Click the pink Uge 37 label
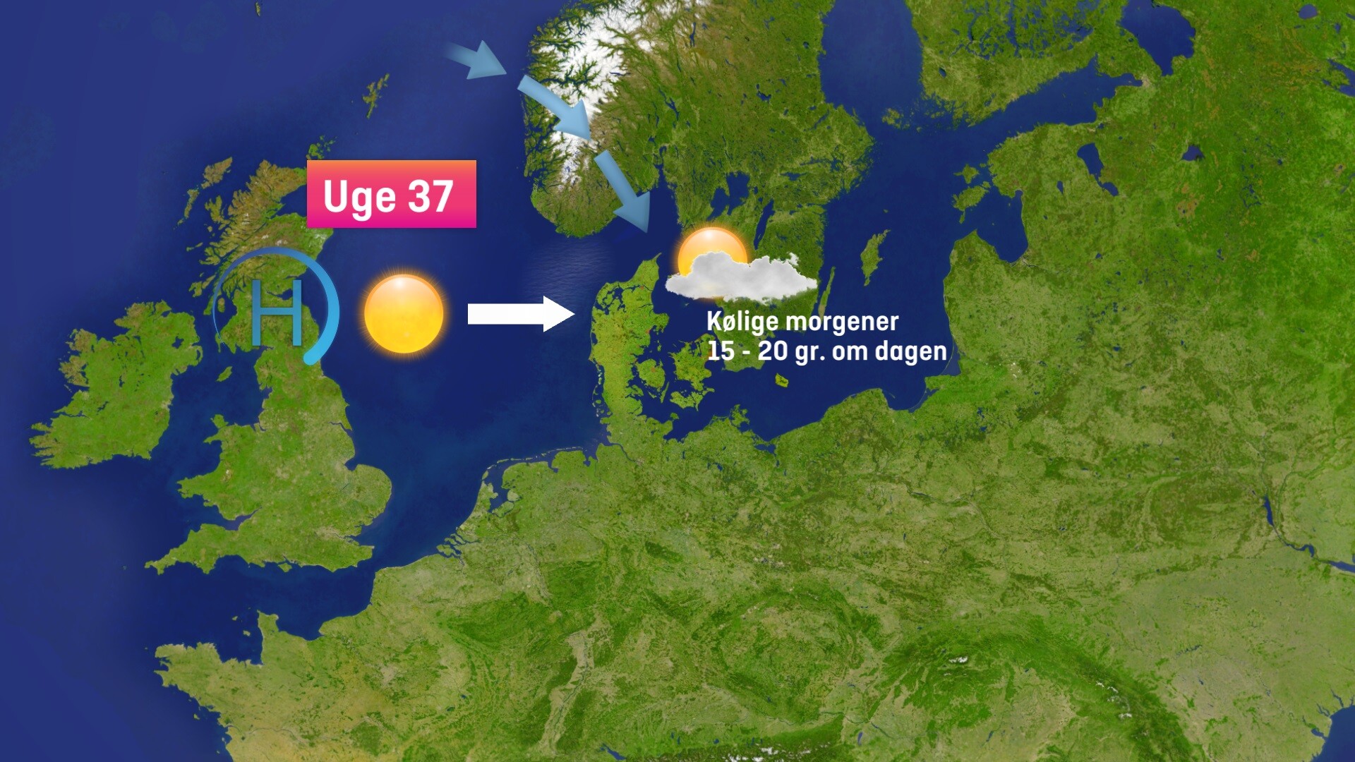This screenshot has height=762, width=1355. click(391, 194)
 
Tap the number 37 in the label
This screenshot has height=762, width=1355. click(430, 196)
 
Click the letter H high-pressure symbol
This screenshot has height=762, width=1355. click(277, 312)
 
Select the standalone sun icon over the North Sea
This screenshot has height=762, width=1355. click(404, 314)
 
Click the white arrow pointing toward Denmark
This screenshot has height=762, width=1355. click(520, 314)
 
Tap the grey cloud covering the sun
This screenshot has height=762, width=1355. click(741, 277)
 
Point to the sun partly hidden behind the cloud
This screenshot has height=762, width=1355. click(711, 247)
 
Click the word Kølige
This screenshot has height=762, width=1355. click(742, 322)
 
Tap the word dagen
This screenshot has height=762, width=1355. click(910, 351)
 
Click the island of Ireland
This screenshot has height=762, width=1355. click(116, 385)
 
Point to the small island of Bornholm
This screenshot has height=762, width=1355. click(782, 381)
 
